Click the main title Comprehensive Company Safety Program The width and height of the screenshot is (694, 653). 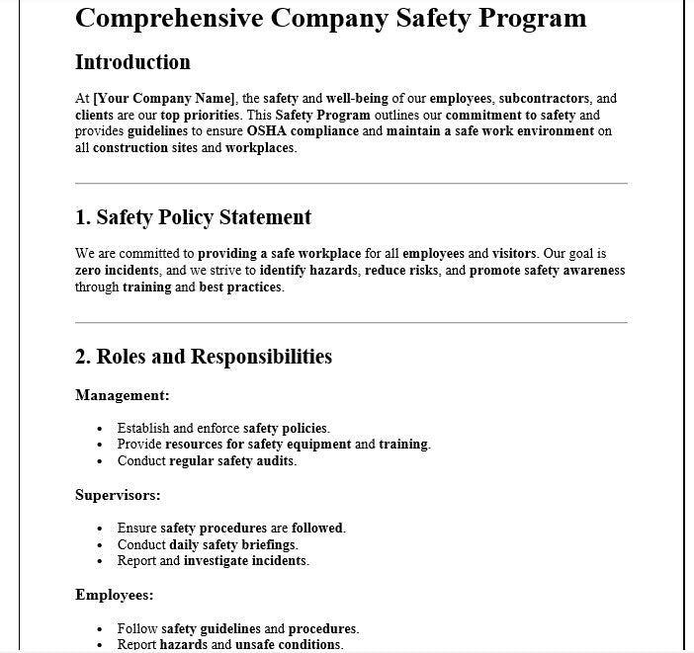(x=330, y=19)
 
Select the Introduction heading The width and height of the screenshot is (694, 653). (x=132, y=62)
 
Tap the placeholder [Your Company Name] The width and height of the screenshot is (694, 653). (x=164, y=98)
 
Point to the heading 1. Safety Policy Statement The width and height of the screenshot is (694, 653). (x=193, y=217)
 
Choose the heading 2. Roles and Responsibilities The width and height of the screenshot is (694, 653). (x=204, y=357)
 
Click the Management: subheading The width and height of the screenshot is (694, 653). (x=123, y=395)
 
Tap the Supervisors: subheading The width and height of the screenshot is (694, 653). (x=118, y=495)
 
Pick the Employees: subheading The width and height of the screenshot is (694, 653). (x=115, y=595)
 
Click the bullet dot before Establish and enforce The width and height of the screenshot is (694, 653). (x=100, y=429)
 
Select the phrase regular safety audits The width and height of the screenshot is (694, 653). (x=232, y=460)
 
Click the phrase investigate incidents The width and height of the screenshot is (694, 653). (x=245, y=560)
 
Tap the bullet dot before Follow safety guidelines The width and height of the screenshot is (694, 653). (x=100, y=629)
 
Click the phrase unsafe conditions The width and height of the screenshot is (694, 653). (x=289, y=644)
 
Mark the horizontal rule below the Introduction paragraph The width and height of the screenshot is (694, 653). (x=351, y=183)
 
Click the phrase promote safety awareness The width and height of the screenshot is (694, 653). (x=547, y=271)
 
